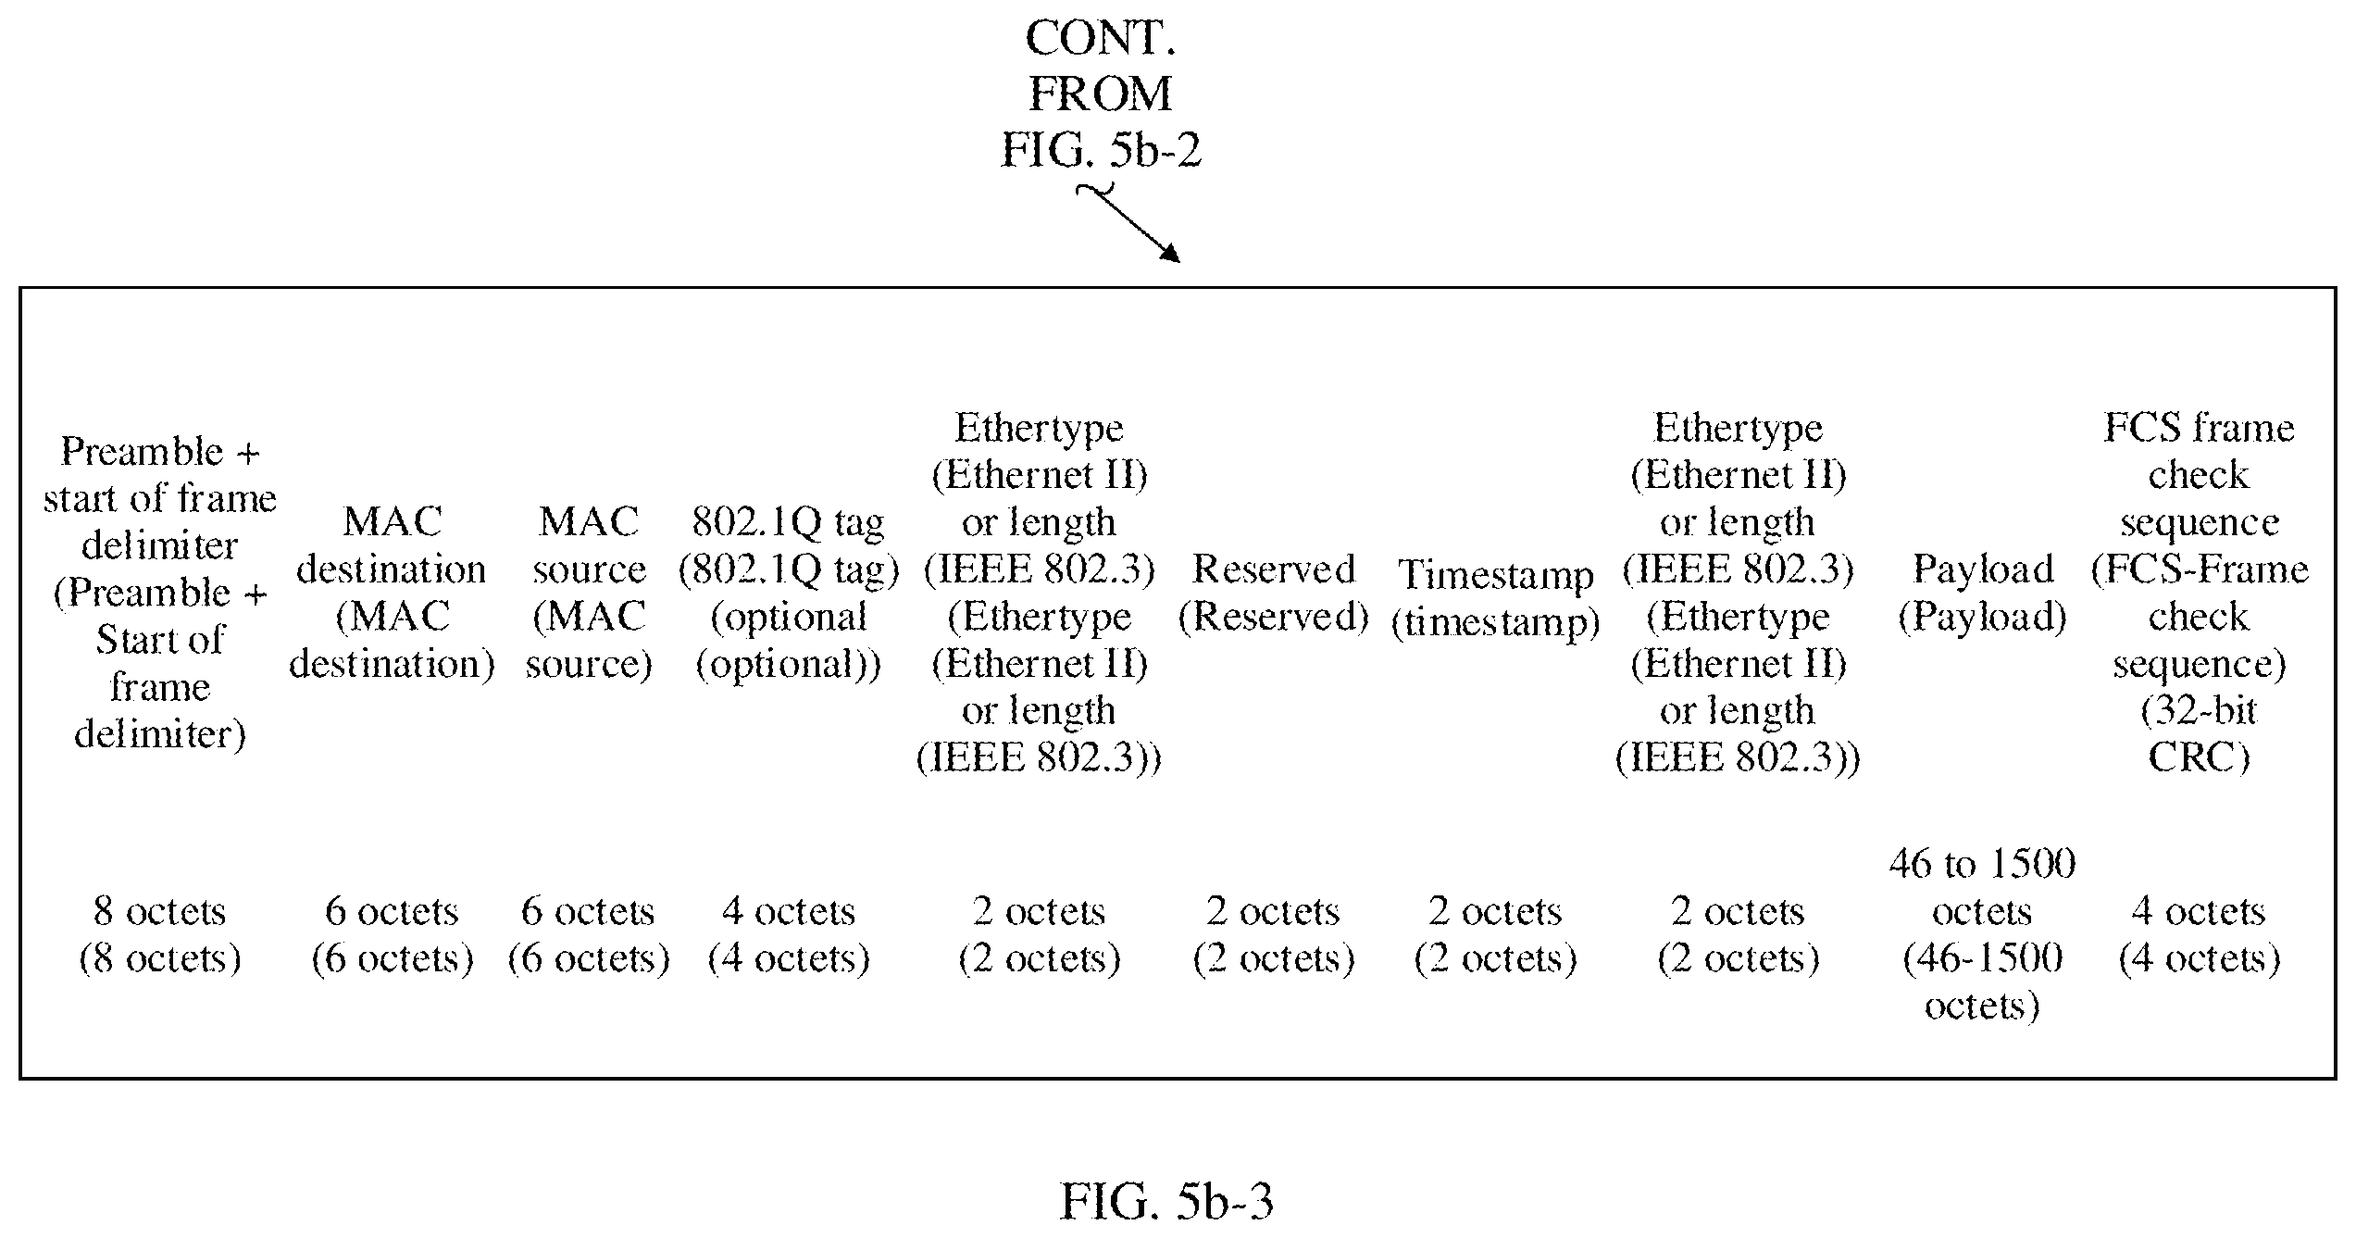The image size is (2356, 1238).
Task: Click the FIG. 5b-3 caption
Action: [x=1166, y=1203]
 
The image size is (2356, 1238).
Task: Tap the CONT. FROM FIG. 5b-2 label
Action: [x=1101, y=94]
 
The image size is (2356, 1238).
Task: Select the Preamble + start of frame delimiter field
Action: [x=160, y=593]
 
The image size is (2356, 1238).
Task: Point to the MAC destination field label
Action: [x=392, y=593]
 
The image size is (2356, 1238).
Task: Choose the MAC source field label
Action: [x=589, y=593]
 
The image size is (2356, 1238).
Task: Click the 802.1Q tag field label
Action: [x=789, y=593]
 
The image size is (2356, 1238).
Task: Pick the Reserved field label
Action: [x=1274, y=593]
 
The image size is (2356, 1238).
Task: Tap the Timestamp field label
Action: [x=1496, y=598]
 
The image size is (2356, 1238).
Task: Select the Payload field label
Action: [x=1983, y=593]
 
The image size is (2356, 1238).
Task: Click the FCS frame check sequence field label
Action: [x=2200, y=593]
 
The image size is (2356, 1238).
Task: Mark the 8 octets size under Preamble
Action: [x=160, y=935]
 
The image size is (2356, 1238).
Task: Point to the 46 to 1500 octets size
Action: [x=1983, y=935]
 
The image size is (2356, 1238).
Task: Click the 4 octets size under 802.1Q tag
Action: [x=789, y=935]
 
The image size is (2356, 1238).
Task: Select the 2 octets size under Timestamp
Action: [x=1496, y=935]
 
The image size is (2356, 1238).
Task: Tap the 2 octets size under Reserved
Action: [x=1274, y=935]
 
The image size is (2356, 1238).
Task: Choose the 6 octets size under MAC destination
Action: [x=392, y=935]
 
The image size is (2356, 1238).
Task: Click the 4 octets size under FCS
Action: [x=2200, y=935]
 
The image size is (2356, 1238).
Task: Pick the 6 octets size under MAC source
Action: [x=589, y=935]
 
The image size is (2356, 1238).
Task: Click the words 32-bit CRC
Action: [x=2200, y=734]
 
